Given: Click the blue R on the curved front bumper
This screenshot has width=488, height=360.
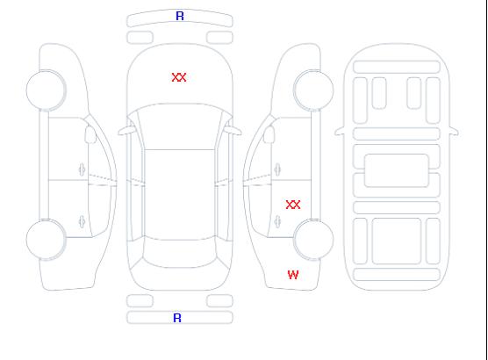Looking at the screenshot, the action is [180, 16].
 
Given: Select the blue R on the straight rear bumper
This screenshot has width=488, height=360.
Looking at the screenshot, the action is [177, 318].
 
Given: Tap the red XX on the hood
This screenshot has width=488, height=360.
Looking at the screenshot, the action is [179, 77].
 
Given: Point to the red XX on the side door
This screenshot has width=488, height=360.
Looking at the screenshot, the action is [293, 205].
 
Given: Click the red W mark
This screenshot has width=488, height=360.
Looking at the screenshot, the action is [293, 275].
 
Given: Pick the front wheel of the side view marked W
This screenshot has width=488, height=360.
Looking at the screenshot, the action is [313, 90].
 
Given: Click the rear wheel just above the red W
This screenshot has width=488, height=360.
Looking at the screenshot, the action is [313, 239].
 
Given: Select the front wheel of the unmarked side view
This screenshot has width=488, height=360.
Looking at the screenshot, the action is [46, 90].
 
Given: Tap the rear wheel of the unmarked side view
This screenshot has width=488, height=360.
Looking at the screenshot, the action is [46, 239].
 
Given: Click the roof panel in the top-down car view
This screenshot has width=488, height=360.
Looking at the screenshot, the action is [180, 195].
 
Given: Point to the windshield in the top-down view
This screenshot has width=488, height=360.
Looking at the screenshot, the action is [180, 126].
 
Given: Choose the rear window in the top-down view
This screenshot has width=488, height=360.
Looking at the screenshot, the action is [180, 253].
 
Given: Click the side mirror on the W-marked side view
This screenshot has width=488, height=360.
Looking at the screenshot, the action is [269, 134].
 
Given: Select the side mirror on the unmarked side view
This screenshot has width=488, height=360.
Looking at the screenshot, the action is [90, 134].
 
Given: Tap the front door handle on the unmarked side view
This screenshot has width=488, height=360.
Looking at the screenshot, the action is [82, 169].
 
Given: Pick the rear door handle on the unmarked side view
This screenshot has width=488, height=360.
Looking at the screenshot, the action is [82, 221].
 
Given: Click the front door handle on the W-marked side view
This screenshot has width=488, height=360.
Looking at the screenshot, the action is [277, 169].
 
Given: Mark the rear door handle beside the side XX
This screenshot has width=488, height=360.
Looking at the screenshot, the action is [277, 221].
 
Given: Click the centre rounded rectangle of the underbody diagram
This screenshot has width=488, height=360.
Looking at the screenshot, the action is [397, 170].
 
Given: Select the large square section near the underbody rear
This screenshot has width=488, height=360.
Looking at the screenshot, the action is [397, 241].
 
